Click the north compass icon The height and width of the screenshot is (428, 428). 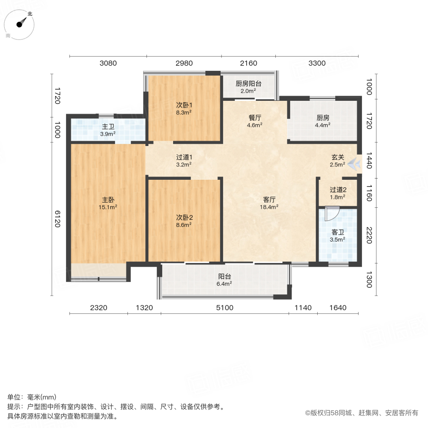(21, 24)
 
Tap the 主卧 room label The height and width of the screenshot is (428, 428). (107, 200)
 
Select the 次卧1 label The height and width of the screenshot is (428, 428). (184, 105)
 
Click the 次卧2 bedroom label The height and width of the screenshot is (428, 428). (184, 218)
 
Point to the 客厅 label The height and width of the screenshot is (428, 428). (269, 200)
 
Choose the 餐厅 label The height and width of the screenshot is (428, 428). (255, 118)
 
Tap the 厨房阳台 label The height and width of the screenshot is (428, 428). (249, 84)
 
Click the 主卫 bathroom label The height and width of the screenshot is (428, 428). (108, 127)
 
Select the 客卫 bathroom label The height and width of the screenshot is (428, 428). (338, 232)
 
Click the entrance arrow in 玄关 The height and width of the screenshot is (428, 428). (353, 165)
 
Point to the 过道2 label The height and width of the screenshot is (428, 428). (338, 190)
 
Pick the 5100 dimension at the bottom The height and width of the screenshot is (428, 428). (225, 308)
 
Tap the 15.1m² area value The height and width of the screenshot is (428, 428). (107, 207)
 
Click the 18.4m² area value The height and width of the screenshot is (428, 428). (269, 207)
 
